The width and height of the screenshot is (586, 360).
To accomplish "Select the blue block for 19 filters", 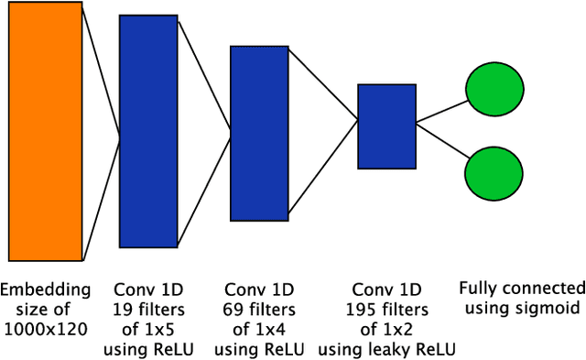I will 149,133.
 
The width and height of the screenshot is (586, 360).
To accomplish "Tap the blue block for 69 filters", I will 259,133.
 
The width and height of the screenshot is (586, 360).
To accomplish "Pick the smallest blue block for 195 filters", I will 386,126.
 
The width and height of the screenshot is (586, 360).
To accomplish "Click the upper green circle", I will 494,91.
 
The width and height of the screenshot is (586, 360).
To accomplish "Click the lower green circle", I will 494,173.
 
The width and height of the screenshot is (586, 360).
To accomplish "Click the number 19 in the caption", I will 122,308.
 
